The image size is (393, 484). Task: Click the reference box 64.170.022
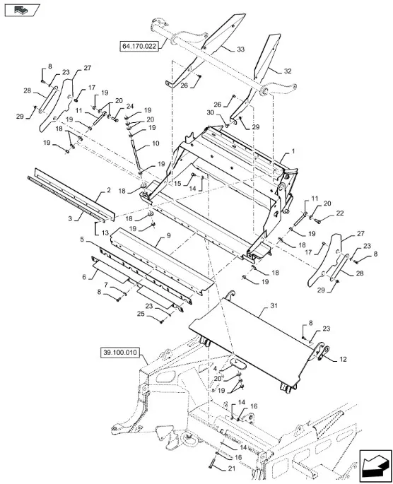139,47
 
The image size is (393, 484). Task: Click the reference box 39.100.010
120,353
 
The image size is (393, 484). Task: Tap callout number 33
240,49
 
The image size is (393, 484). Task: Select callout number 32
288,71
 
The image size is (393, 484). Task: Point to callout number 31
274,305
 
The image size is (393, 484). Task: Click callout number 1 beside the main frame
293,151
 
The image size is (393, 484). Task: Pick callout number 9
168,235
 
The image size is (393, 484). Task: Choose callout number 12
343,360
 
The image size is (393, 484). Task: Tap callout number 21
232,468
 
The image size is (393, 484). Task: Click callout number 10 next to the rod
156,143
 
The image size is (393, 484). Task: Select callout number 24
130,107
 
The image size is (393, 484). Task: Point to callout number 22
339,213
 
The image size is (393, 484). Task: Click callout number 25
141,314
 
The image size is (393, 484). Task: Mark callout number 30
210,112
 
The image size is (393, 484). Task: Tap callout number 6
84,277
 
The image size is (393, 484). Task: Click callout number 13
105,232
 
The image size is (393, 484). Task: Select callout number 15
177,184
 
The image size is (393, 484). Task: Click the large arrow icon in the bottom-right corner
375,466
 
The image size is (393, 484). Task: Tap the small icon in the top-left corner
22,10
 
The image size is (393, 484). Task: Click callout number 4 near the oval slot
215,369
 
